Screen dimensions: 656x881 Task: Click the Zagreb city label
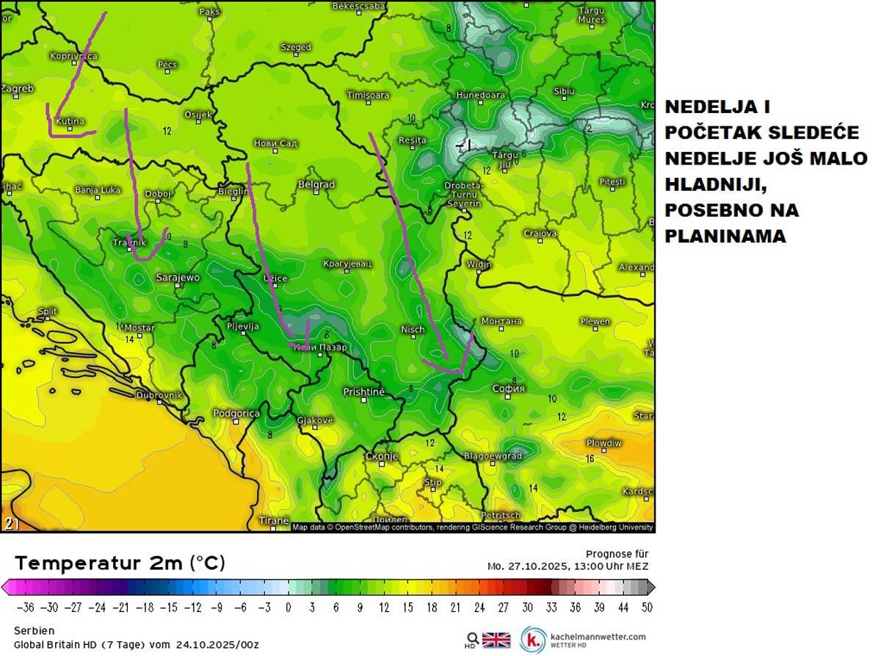pyautogui.click(x=17, y=89)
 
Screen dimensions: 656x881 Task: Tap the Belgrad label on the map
pyautogui.click(x=316, y=184)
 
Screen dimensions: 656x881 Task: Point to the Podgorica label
pyautogui.click(x=236, y=414)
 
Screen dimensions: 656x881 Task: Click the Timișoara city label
pyautogui.click(x=369, y=95)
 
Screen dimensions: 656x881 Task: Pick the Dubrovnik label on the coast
pyautogui.click(x=159, y=395)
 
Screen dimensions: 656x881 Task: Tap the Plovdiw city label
pyautogui.click(x=603, y=444)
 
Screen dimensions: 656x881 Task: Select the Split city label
pyautogui.click(x=47, y=311)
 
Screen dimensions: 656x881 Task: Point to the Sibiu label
pyautogui.click(x=564, y=91)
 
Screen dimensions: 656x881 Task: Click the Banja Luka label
pyautogui.click(x=98, y=190)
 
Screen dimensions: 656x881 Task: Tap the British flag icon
pyautogui.click(x=496, y=639)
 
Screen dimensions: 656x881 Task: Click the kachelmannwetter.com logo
pyautogui.click(x=584, y=639)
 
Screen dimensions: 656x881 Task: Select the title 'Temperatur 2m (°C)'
pyautogui.click(x=120, y=563)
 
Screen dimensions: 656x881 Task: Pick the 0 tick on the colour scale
pyautogui.click(x=288, y=608)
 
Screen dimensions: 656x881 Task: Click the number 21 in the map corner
pyautogui.click(x=12, y=523)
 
